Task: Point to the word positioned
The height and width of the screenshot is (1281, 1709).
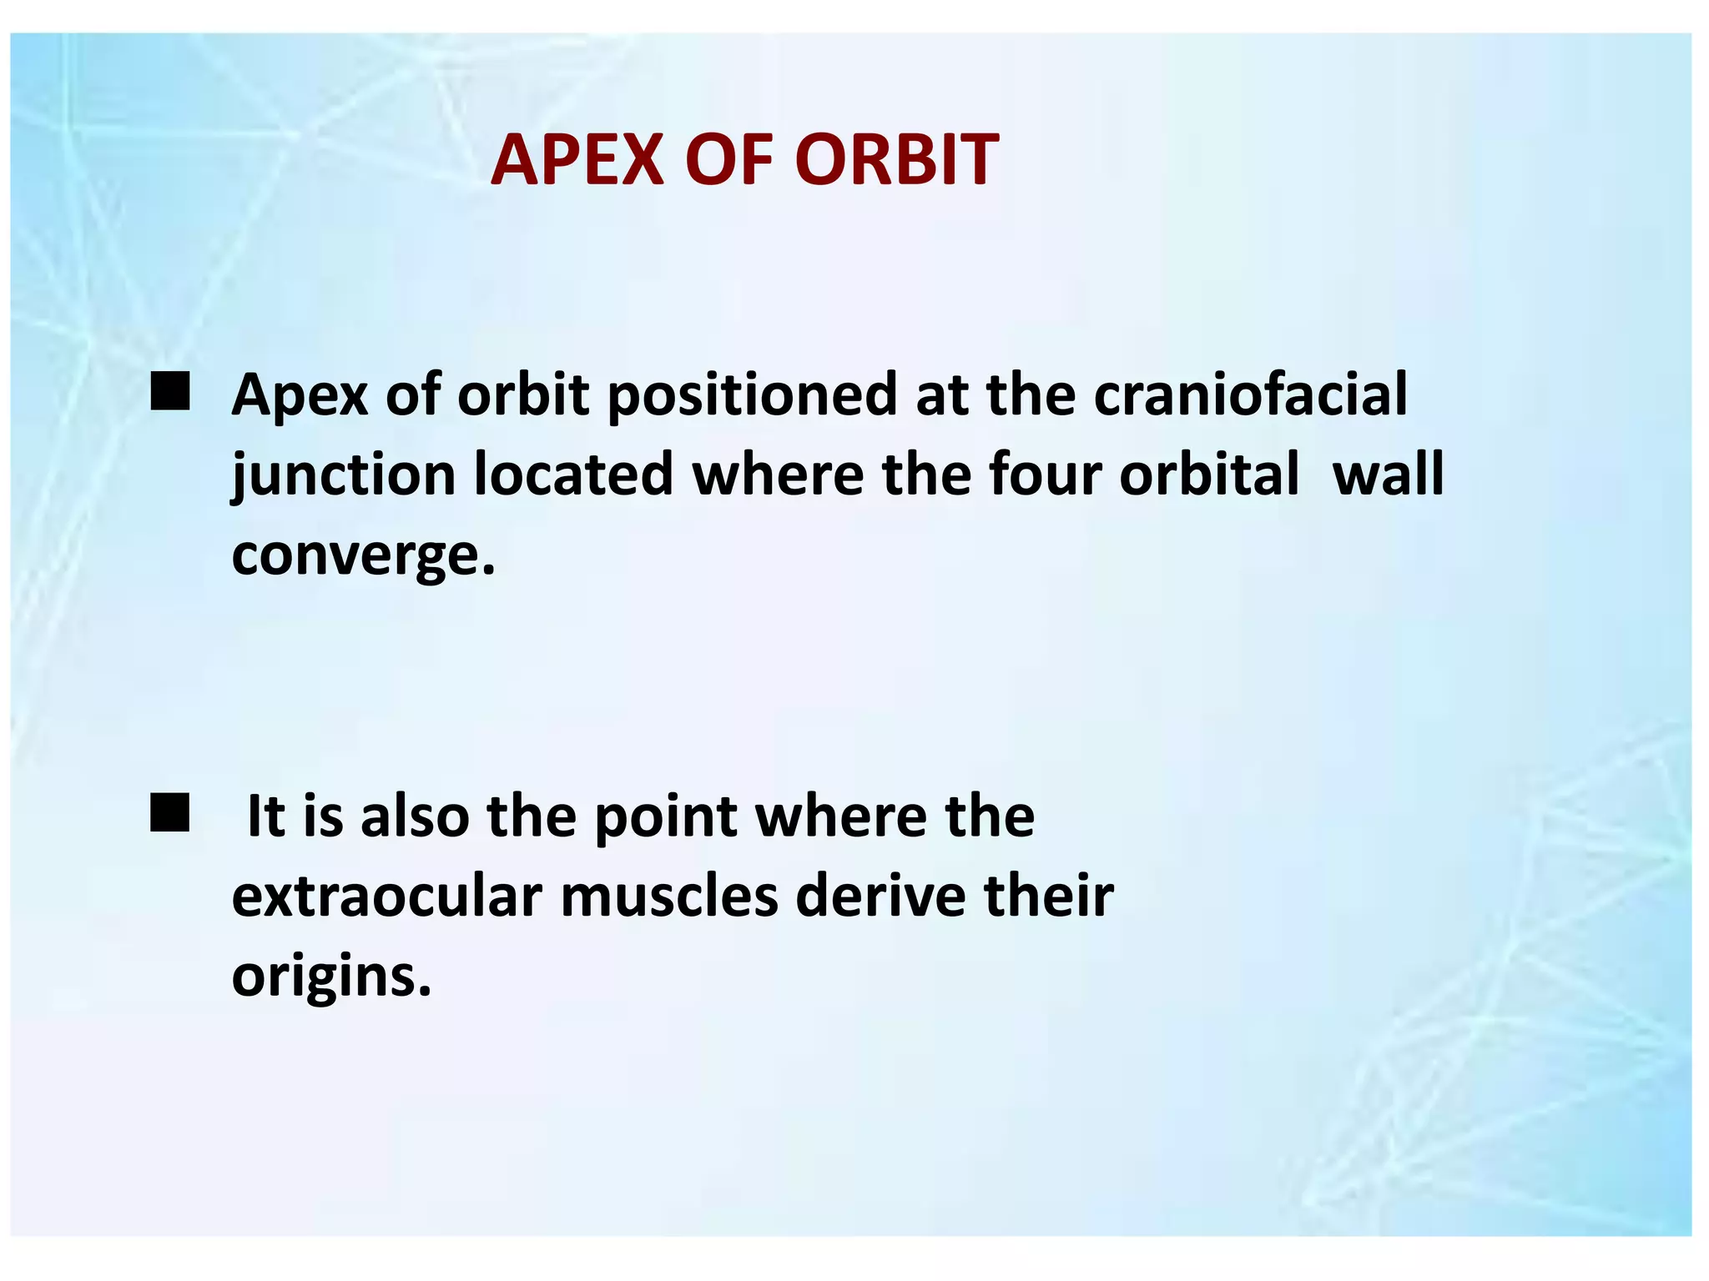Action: (x=751, y=395)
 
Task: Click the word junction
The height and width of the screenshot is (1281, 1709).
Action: (x=344, y=475)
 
